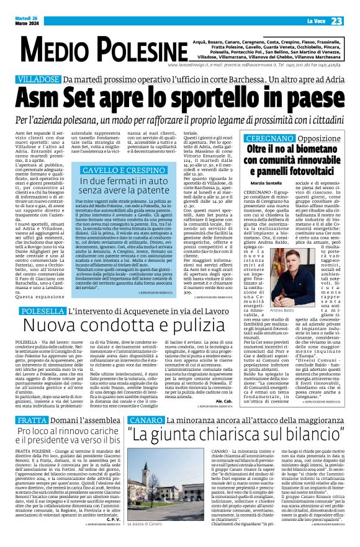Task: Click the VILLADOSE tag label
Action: (x=38, y=80)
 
